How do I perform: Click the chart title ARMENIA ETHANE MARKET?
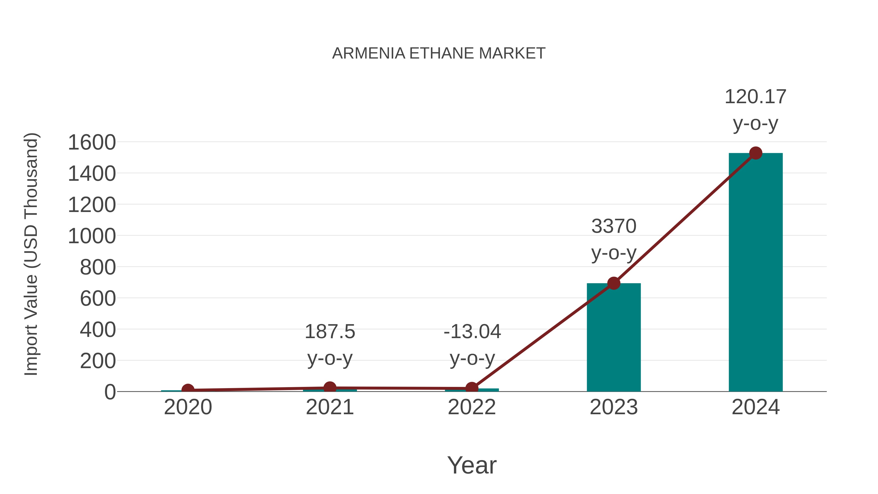439,53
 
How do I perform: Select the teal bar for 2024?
755,273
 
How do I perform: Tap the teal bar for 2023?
614,338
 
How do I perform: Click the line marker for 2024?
756,153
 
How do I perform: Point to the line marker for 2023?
614,283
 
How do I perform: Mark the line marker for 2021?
329,387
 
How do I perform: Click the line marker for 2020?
188,390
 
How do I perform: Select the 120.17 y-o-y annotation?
755,110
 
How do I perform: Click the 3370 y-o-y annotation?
614,240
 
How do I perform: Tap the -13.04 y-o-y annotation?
472,345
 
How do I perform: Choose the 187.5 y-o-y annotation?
329,345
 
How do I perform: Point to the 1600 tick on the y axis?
92,142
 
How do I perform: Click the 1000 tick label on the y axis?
92,236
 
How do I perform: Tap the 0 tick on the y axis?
110,392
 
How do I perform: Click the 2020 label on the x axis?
188,407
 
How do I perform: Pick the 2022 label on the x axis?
472,407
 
